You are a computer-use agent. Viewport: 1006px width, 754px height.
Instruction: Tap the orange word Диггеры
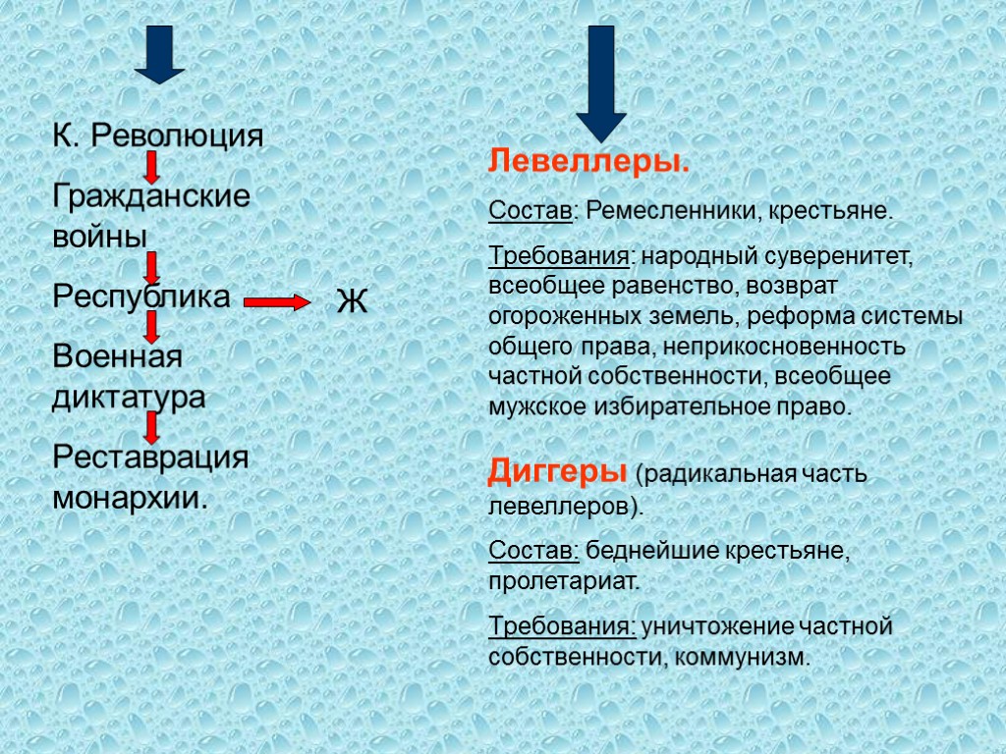[x=557, y=472]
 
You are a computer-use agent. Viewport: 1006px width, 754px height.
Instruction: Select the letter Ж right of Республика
[x=352, y=301]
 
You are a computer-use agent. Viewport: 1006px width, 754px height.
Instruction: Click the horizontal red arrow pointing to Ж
[x=276, y=302]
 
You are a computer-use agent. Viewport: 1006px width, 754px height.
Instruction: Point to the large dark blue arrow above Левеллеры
[x=600, y=83]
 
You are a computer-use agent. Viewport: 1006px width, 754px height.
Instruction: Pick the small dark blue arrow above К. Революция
[x=160, y=54]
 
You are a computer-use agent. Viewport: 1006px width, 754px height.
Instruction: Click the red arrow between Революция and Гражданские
[x=152, y=167]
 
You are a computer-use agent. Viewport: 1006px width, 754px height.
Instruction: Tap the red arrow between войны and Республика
[x=152, y=267]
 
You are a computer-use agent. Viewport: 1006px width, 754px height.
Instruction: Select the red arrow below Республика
[x=152, y=326]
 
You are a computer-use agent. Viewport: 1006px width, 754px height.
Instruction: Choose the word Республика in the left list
[x=141, y=296]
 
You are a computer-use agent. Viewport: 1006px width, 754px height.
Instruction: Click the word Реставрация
[x=150, y=458]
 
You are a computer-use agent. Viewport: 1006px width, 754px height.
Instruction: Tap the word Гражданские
[x=150, y=195]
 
